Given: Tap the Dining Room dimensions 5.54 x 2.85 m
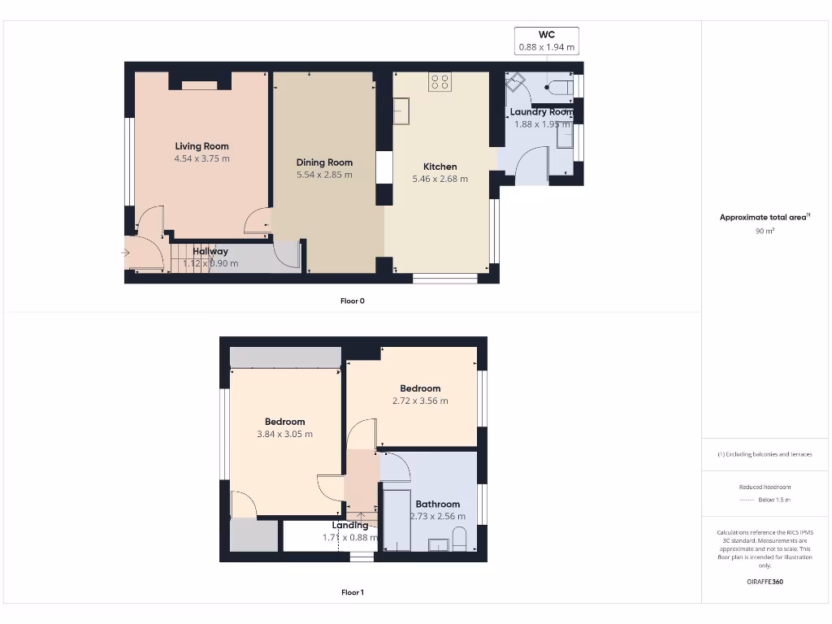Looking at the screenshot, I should pyautogui.click(x=324, y=175).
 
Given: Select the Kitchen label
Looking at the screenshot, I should pyautogui.click(x=440, y=167).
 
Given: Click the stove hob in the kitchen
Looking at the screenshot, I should pyautogui.click(x=440, y=81).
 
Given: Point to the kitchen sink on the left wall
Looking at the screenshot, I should pyautogui.click(x=402, y=111).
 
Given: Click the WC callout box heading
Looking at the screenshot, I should pyautogui.click(x=547, y=35).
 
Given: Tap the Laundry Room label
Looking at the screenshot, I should pyautogui.click(x=541, y=112).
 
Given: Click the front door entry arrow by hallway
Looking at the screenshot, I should pyautogui.click(x=125, y=253).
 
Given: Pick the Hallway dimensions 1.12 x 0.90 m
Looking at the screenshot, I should pyautogui.click(x=210, y=263).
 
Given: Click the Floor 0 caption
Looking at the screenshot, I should pyautogui.click(x=352, y=301).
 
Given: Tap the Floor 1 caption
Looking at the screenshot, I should pyautogui.click(x=352, y=592).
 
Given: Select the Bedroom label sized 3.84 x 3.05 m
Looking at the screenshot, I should pyautogui.click(x=284, y=422).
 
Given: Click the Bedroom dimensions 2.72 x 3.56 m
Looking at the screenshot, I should pyautogui.click(x=420, y=401).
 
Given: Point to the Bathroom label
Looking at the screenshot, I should pyautogui.click(x=438, y=504).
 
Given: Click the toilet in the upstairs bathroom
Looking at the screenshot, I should pyautogui.click(x=459, y=538).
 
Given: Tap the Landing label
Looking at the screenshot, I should pyautogui.click(x=350, y=525).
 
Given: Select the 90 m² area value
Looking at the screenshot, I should pyautogui.click(x=765, y=232).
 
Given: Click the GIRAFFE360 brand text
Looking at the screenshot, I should pyautogui.click(x=765, y=582).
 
